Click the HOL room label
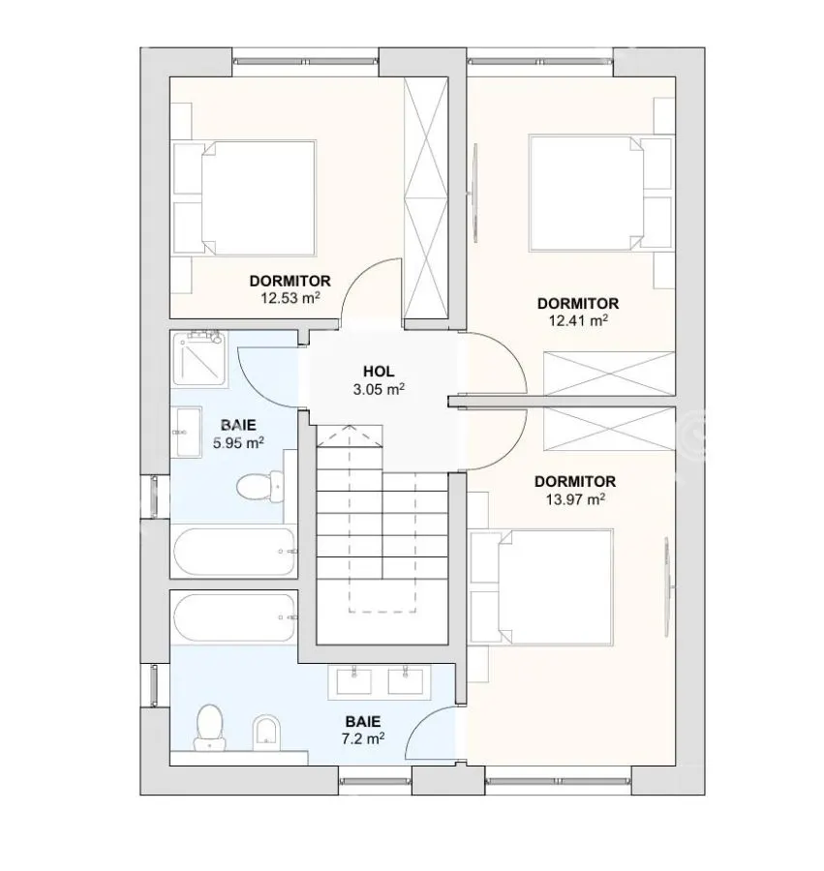[x=379, y=371]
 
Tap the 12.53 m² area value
[x=290, y=298]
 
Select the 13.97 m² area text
[x=575, y=499]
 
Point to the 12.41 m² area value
[x=578, y=320]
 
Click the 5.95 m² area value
[x=238, y=442]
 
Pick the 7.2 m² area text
[x=363, y=738]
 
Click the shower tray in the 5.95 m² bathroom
[x=200, y=359]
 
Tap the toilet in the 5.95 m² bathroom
[x=260, y=487]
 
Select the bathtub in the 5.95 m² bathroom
[x=234, y=553]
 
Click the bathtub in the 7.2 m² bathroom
[x=234, y=617]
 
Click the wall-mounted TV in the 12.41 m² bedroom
[x=474, y=193]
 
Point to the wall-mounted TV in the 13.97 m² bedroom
[x=667, y=586]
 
